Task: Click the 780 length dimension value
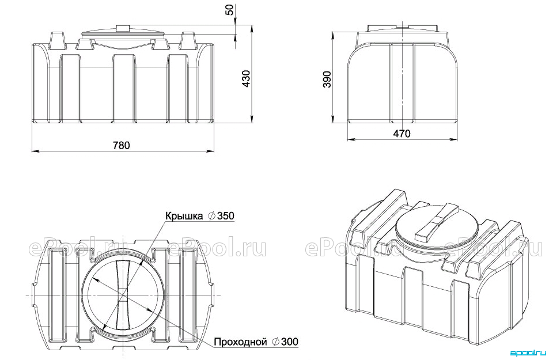coord(121,145)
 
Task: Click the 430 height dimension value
coord(246,79)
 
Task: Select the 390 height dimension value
coord(327,79)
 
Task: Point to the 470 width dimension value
coord(402,134)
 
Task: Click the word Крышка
coord(184,216)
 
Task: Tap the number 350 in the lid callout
coord(225,216)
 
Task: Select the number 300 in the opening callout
coord(290,342)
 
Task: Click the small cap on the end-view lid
coord(402,26)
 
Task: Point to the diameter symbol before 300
coord(275,342)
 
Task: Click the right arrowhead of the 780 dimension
coord(210,151)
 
